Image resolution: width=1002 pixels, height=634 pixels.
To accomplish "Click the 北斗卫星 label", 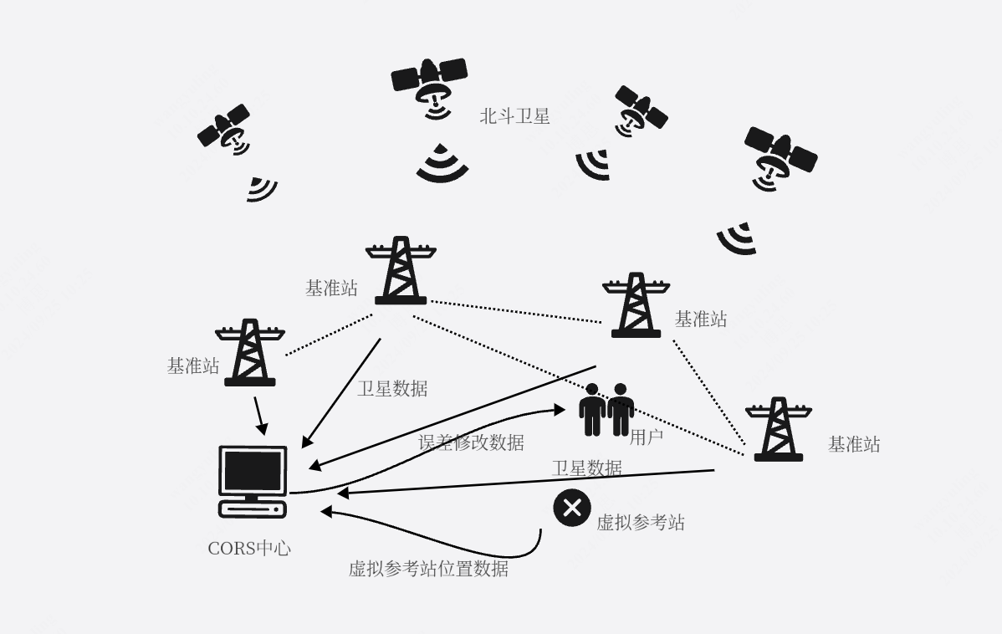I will pyautogui.click(x=514, y=116).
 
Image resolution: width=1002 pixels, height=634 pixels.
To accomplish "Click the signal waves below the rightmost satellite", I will pyautogui.click(x=738, y=239).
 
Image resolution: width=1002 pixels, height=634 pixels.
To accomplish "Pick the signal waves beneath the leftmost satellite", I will pyautogui.click(x=261, y=189).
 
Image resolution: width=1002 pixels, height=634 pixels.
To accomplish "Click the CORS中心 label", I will pyautogui.click(x=249, y=549).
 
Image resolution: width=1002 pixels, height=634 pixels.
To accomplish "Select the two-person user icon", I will pyautogui.click(x=606, y=409).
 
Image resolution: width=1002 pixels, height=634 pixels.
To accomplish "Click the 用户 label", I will pyautogui.click(x=646, y=437).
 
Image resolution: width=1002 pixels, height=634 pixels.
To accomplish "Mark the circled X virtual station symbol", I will pyautogui.click(x=572, y=508).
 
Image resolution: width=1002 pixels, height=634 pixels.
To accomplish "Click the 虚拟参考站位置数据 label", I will pyautogui.click(x=428, y=569).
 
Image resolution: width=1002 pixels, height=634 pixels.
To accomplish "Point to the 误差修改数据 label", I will pyautogui.click(x=471, y=442).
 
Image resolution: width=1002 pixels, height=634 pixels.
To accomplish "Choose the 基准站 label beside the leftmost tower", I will pyautogui.click(x=193, y=366).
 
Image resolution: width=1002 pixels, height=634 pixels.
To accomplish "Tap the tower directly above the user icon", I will pyautogui.click(x=636, y=304).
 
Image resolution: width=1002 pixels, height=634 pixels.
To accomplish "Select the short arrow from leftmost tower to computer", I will pyautogui.click(x=260, y=415).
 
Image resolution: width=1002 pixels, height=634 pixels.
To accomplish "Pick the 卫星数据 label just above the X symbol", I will pyautogui.click(x=586, y=468).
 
